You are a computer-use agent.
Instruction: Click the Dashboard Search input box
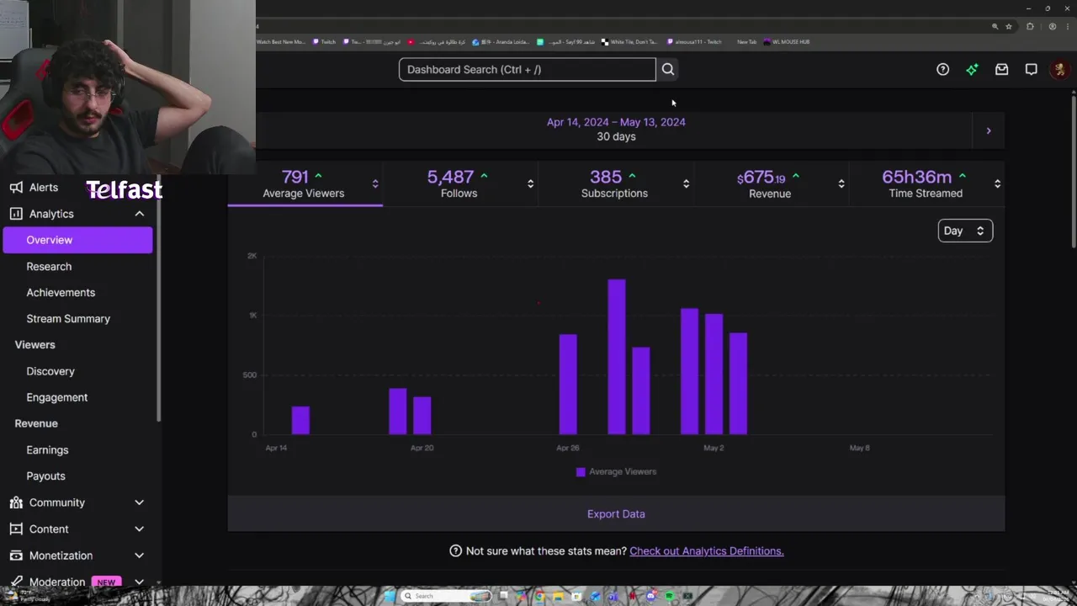click(x=527, y=69)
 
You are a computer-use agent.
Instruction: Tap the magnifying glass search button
click(x=668, y=69)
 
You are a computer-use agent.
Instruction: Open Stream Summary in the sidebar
click(x=68, y=318)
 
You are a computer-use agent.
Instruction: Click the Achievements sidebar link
click(x=61, y=292)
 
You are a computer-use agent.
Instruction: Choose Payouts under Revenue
click(x=45, y=476)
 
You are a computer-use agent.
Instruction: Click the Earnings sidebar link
click(x=47, y=449)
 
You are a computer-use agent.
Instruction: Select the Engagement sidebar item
click(x=56, y=397)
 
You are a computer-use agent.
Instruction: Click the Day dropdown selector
click(x=965, y=231)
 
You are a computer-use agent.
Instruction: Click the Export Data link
click(x=616, y=513)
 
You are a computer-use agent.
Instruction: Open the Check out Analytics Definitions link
click(x=706, y=551)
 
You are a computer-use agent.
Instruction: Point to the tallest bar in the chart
click(x=617, y=357)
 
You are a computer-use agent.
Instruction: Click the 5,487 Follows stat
click(x=459, y=183)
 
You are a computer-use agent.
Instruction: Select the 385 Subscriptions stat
click(x=614, y=183)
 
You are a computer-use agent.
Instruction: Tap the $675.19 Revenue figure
click(x=769, y=183)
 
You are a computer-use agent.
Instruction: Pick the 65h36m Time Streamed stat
click(x=925, y=183)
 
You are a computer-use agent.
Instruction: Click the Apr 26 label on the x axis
click(x=568, y=448)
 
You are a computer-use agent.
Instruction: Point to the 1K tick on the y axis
click(x=252, y=315)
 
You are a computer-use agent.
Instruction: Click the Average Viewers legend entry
click(x=616, y=471)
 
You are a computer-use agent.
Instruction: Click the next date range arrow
click(x=989, y=130)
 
